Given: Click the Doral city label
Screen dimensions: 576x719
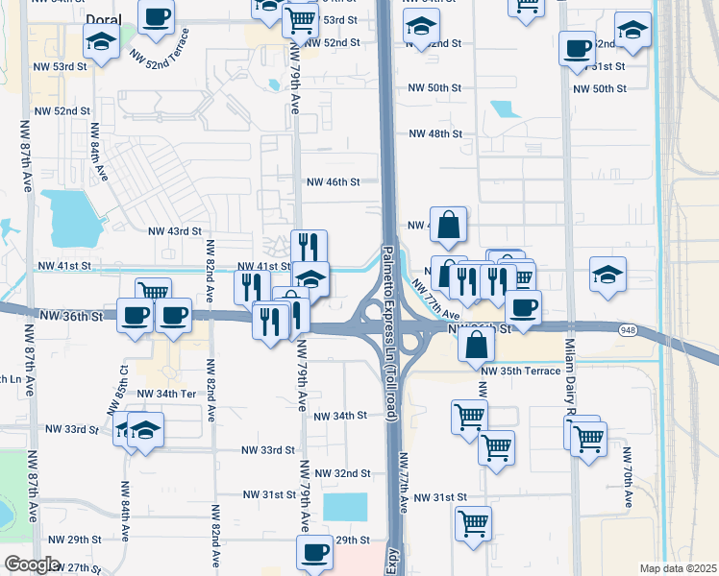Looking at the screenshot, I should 104,19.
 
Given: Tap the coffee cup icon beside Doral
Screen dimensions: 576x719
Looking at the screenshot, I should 157,15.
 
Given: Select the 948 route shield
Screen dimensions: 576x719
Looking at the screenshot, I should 625,327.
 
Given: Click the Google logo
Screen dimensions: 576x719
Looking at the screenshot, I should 33,564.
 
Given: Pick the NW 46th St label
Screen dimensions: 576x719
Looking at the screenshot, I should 333,181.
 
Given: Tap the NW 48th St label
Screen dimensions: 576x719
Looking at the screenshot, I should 435,133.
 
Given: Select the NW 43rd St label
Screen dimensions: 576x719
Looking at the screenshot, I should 175,231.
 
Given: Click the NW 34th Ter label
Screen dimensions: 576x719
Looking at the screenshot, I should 167,394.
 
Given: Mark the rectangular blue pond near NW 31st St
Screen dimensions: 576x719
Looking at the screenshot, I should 345,508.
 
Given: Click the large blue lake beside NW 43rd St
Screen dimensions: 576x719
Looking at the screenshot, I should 69,217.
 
